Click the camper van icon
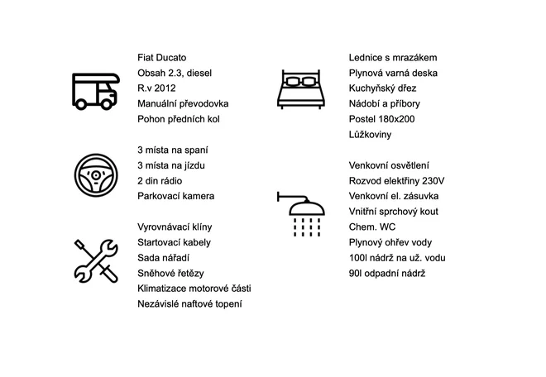pyautogui.click(x=96, y=91)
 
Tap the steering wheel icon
pyautogui.click(x=96, y=175)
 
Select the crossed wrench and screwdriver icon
pyautogui.click(x=96, y=260)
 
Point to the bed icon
pyautogui.click(x=301, y=89)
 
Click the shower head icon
pyautogui.click(x=301, y=213)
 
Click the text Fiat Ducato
pyautogui.click(x=162, y=57)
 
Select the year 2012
pyautogui.click(x=165, y=88)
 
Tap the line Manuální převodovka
pyautogui.click(x=183, y=103)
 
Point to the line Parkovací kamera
pyautogui.click(x=176, y=196)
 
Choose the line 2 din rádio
pyautogui.click(x=160, y=181)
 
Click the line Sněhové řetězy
pyautogui.click(x=170, y=274)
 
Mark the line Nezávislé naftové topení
pyautogui.click(x=189, y=304)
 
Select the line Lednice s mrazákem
pyautogui.click(x=393, y=57)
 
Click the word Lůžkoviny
pyautogui.click(x=370, y=135)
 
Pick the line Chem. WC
pyautogui.click(x=372, y=227)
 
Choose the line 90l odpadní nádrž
pyautogui.click(x=387, y=274)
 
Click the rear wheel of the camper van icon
pyautogui.click(x=81, y=103)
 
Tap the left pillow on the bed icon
pyautogui.click(x=293, y=82)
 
